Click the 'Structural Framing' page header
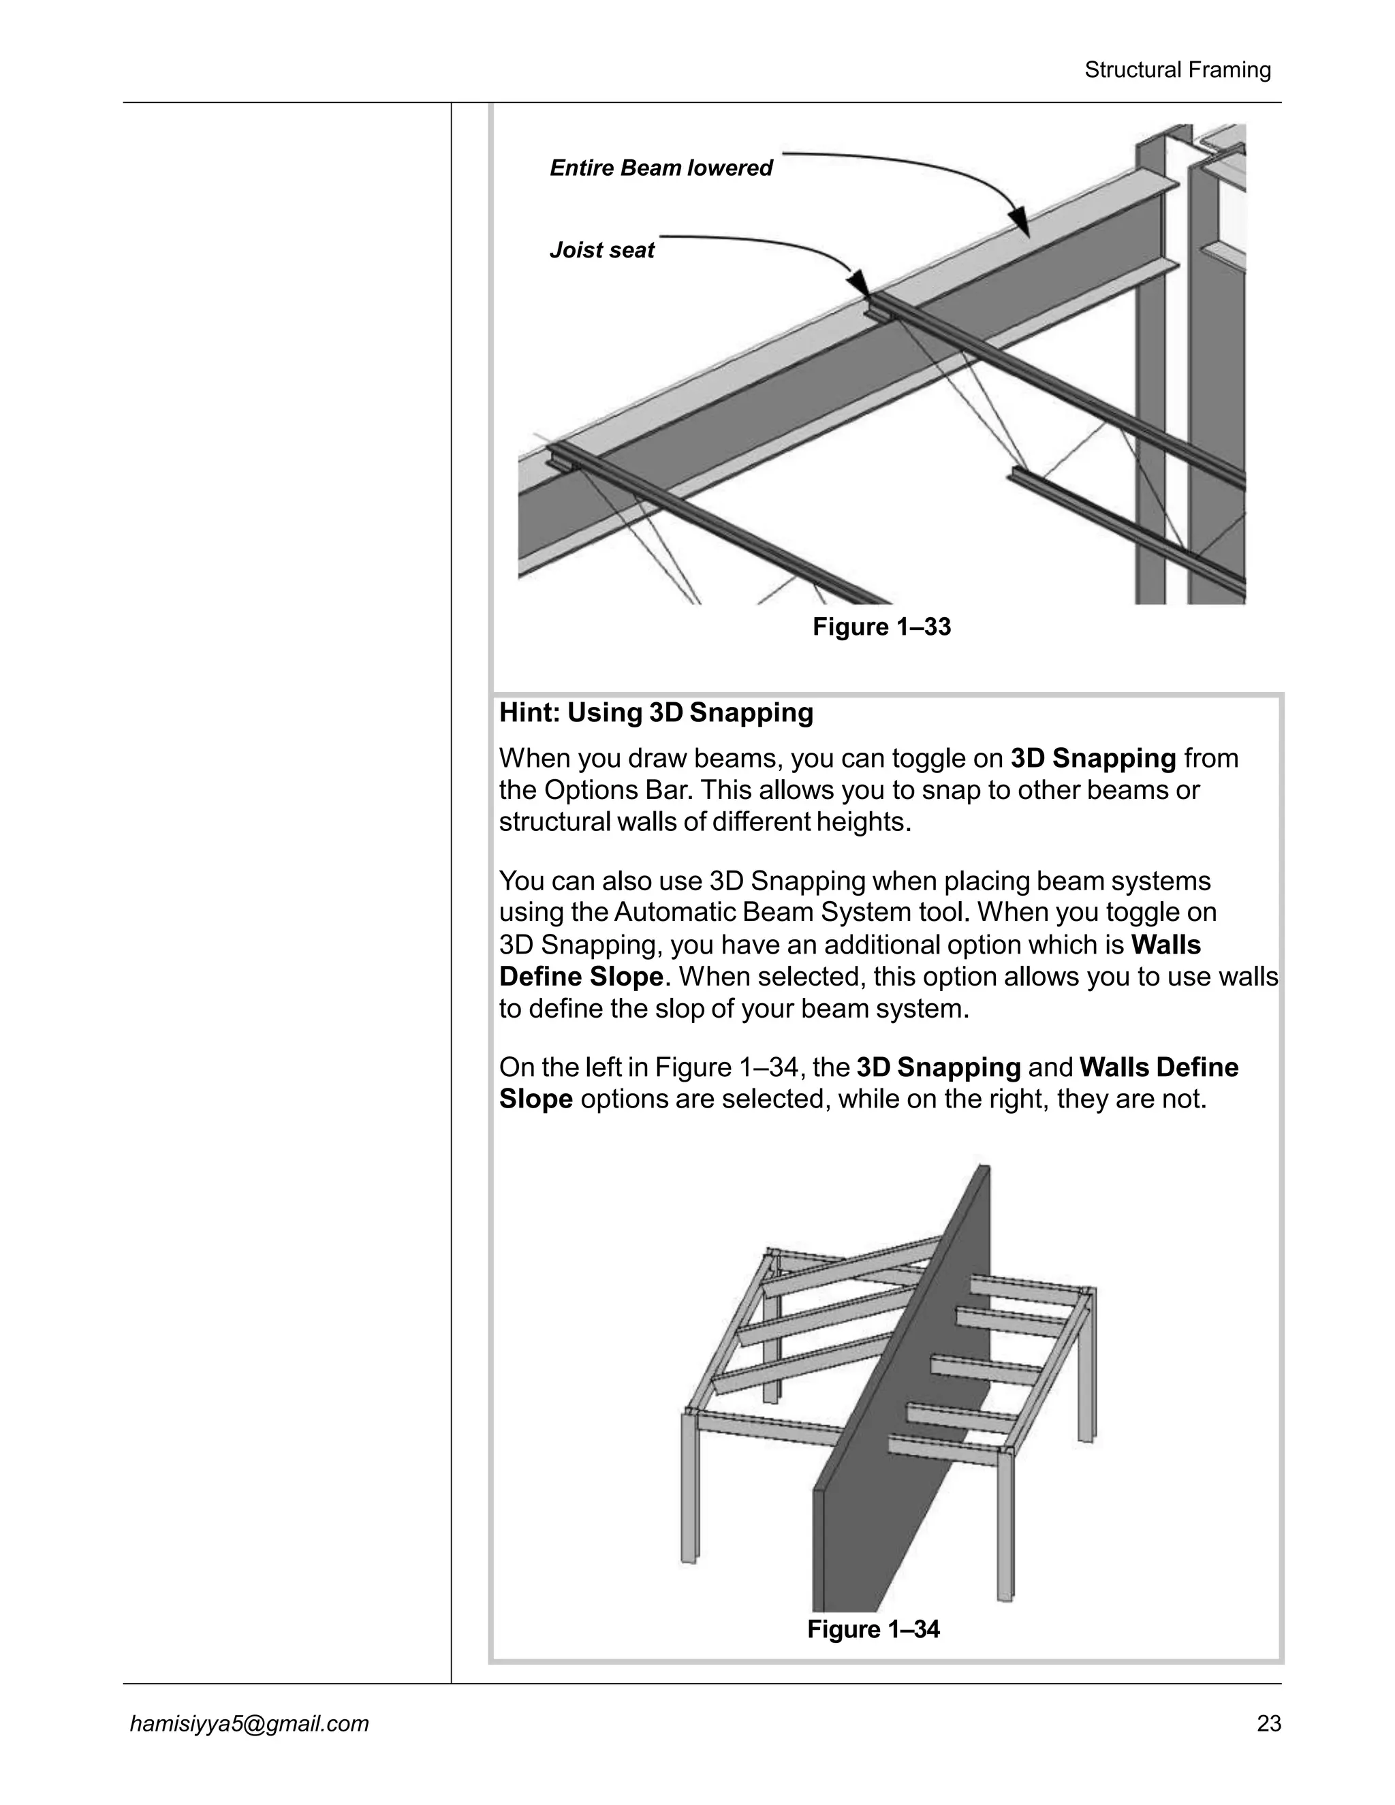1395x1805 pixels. (1177, 70)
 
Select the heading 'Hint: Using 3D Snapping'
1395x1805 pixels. (656, 712)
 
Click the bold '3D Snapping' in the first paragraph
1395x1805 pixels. (1093, 758)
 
